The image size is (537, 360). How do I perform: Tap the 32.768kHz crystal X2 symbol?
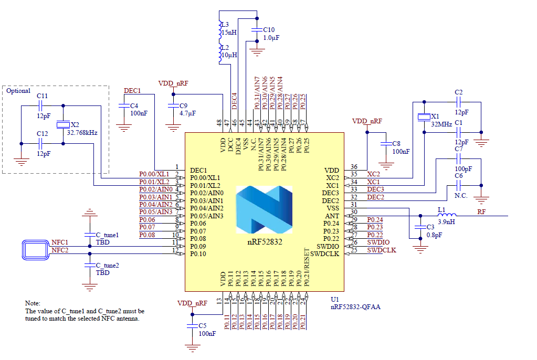click(x=62, y=124)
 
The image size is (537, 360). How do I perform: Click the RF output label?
click(x=481, y=211)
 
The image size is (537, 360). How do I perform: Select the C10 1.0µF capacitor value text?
click(x=271, y=38)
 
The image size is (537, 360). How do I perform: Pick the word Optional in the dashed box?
click(x=18, y=91)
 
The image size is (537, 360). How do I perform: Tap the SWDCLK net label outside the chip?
click(x=382, y=250)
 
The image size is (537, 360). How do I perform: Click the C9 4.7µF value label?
click(x=187, y=113)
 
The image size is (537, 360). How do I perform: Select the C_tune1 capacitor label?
click(x=107, y=235)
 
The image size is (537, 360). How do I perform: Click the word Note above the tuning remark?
click(x=33, y=303)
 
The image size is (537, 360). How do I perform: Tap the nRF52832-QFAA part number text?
click(x=355, y=306)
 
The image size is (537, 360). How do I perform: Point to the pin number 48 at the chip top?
click(x=219, y=123)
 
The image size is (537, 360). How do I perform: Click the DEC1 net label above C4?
click(x=132, y=90)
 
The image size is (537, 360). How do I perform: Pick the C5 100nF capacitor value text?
click(x=207, y=333)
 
